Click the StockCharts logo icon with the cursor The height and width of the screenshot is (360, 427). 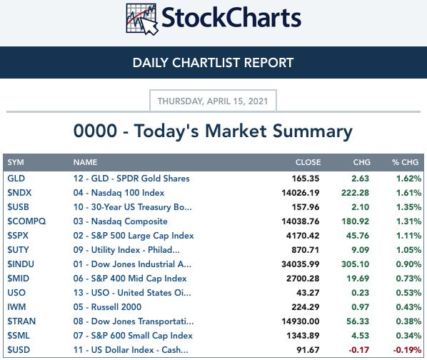142,19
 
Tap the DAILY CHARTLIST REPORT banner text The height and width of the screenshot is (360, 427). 213,63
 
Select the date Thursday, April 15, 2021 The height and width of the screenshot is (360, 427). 213,101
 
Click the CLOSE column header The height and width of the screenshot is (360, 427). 308,162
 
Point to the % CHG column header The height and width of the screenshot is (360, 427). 405,162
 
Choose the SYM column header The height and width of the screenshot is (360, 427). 16,162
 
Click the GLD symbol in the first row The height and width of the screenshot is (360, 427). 16,179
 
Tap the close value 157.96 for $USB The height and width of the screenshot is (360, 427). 306,207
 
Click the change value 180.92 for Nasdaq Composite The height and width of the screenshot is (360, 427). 355,221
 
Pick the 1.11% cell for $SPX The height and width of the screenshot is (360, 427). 408,236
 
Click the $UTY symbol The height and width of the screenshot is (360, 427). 18,250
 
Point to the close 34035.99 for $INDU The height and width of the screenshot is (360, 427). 301,264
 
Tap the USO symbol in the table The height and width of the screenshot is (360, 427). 16,293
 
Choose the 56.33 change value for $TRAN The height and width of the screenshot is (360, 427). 358,321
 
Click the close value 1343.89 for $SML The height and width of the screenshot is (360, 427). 303,336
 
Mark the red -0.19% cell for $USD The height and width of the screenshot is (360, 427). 407,350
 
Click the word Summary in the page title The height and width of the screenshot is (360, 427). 313,131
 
